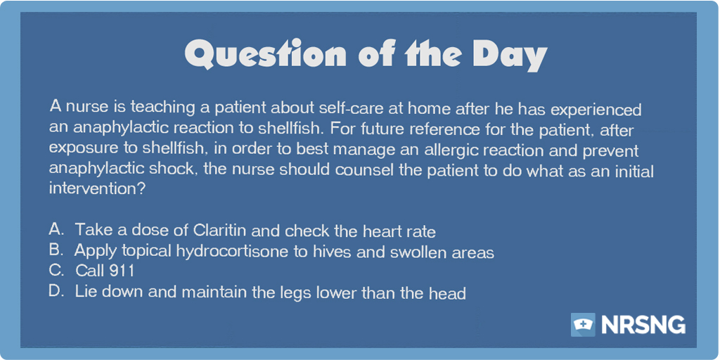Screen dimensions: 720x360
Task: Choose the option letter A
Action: (55, 229)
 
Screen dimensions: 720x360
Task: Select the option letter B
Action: (55, 250)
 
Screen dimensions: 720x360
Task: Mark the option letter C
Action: (56, 271)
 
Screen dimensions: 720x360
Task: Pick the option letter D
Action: (56, 292)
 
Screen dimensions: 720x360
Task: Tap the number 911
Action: (121, 271)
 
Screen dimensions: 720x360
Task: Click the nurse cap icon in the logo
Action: (583, 324)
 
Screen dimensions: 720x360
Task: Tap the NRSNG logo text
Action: (643, 325)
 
